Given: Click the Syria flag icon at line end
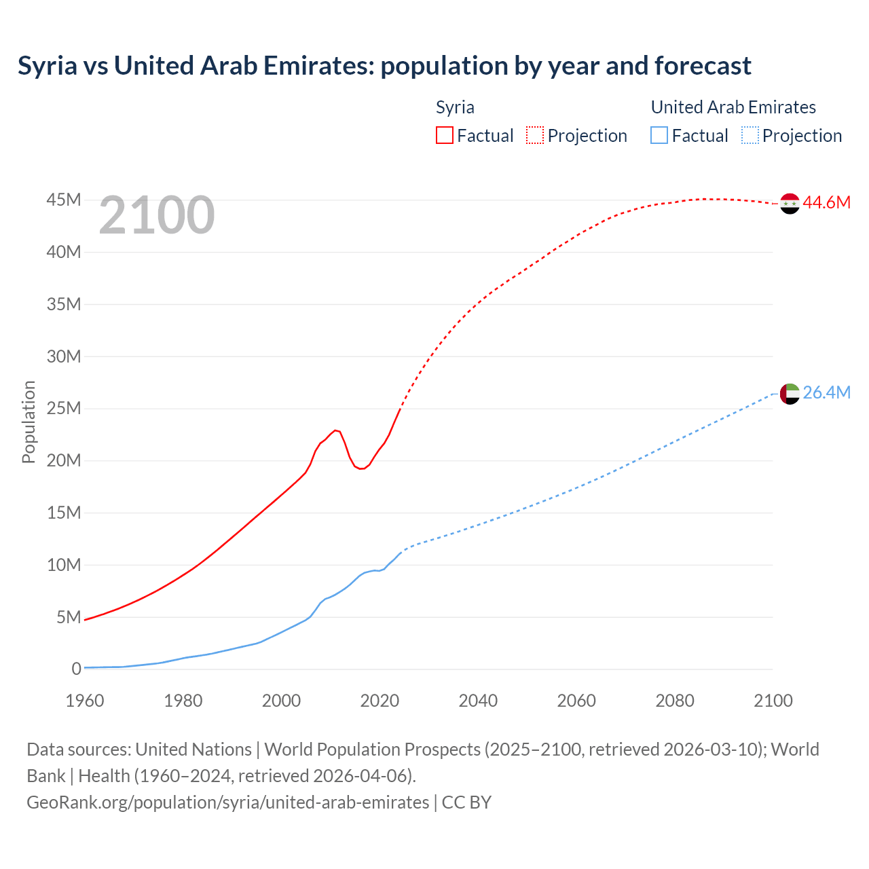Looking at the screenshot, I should point(790,203).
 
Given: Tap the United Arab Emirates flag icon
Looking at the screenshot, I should point(790,393).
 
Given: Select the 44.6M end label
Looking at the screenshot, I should point(826,202).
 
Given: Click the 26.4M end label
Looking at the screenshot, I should point(826,392).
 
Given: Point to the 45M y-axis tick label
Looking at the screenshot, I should point(64,200).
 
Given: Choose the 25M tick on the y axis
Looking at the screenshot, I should point(64,408).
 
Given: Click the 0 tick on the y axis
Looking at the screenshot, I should point(76,669).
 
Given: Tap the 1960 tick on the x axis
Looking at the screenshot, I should point(85,701).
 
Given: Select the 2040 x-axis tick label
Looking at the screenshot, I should point(478,701).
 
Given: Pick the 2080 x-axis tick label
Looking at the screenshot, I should point(675,701).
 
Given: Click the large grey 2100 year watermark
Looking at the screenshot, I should point(157,215).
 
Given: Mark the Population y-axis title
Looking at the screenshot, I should point(29,422).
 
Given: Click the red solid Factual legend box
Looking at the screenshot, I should point(445,135).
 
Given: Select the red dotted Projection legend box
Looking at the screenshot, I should point(535,135).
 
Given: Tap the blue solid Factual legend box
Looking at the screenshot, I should point(659,135).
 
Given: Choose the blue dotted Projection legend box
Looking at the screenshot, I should point(750,135).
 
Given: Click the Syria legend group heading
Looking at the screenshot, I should point(455,107).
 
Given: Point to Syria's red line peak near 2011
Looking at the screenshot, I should point(335,430).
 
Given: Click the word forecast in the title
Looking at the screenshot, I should point(703,66).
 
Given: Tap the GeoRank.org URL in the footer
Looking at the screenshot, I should point(228,802).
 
